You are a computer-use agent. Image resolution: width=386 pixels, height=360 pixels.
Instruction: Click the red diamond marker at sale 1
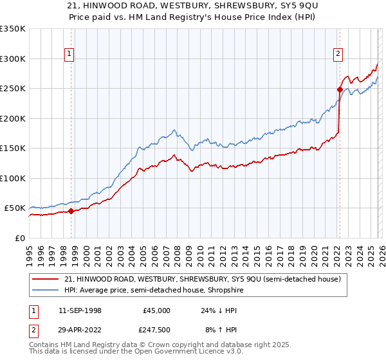[71, 212]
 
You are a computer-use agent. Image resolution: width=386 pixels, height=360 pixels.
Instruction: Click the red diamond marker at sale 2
[339, 90]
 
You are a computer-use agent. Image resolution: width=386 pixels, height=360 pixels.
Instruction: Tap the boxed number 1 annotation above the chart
[69, 55]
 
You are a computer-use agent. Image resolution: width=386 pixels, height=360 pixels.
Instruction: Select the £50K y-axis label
[15, 208]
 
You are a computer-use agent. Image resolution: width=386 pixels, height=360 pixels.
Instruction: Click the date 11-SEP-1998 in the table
[80, 310]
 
